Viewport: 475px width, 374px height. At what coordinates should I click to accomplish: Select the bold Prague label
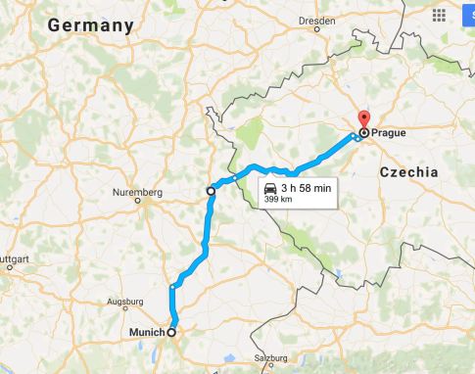point(390,132)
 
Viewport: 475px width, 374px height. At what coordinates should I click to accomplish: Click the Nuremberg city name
point(136,192)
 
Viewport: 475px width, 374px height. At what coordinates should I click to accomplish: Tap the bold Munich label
point(147,333)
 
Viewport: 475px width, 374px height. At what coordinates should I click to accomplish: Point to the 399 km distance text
point(277,199)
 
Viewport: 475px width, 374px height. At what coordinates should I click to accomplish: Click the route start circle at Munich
point(172,333)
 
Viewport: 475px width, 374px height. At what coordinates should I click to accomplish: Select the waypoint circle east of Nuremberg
point(211,191)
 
